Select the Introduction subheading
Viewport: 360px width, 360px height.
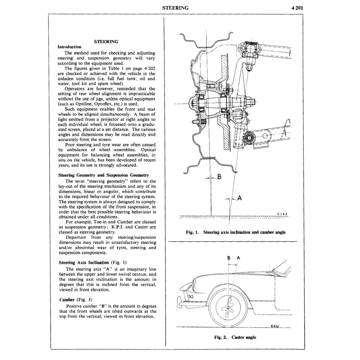tap(69, 47)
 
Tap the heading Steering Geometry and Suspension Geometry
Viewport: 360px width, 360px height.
tap(104, 175)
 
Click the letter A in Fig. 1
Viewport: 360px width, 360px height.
tap(239, 198)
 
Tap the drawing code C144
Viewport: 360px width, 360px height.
tap(282, 213)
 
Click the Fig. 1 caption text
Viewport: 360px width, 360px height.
tap(236, 232)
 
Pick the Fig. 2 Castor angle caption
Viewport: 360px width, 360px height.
tap(235, 337)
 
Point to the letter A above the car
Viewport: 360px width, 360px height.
tap(238, 258)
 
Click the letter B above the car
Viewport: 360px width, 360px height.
tap(229, 258)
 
